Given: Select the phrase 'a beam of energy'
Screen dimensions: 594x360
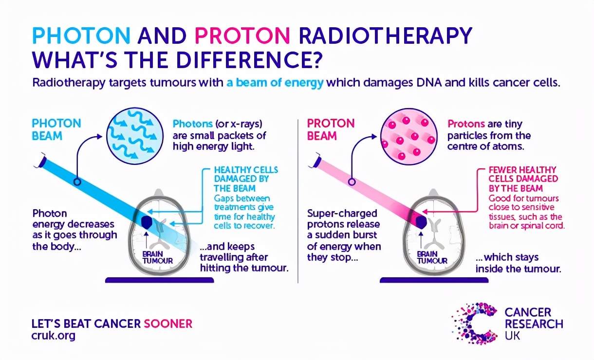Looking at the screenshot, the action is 275,83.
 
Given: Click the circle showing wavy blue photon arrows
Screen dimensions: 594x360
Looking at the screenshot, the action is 135,136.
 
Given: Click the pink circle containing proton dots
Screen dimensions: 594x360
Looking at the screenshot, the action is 408,136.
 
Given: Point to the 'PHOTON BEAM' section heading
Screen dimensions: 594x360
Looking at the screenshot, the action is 56,129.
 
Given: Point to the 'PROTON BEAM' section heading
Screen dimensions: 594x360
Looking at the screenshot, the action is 331,129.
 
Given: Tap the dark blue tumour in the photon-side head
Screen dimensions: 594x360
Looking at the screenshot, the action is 147,222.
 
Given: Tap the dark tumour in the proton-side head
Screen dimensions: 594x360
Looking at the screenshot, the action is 421,222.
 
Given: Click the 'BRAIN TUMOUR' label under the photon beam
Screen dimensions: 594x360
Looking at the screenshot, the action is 158,257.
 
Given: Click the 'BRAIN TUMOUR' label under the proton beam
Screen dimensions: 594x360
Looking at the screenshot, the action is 432,257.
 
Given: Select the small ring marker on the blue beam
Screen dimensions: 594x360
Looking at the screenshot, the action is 77,182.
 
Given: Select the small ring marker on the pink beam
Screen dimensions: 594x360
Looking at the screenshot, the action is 352,182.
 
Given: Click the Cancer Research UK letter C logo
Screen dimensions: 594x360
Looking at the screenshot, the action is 474,324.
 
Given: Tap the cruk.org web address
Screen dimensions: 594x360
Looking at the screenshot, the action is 53,336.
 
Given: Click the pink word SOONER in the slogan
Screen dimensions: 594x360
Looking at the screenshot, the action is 168,324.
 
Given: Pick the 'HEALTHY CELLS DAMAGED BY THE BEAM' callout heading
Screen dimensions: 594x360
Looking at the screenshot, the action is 246,179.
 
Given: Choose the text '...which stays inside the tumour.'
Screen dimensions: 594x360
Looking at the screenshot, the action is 519,263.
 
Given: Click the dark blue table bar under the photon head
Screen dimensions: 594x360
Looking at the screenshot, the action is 160,280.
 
